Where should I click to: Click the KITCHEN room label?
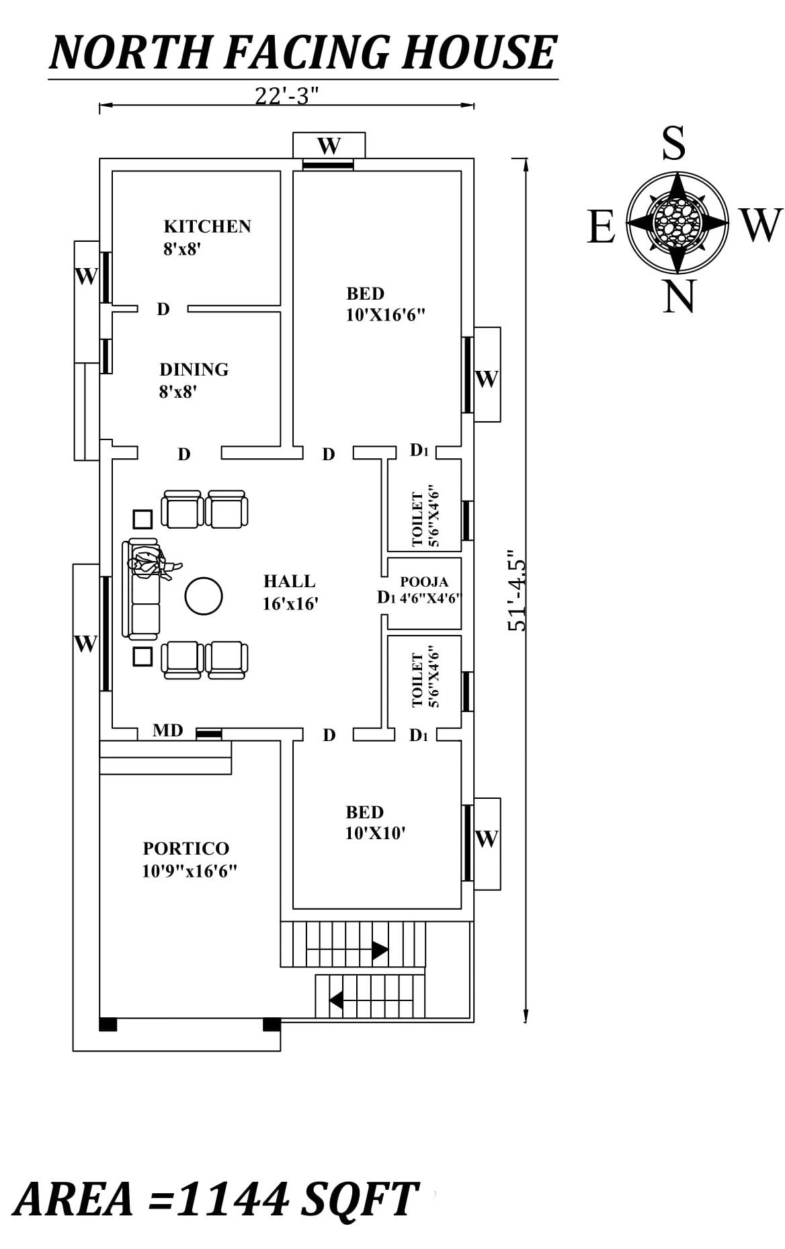[207, 226]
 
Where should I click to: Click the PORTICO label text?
[185, 849]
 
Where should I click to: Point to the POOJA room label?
[424, 583]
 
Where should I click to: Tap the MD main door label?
[167, 730]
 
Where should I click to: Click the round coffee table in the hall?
[203, 597]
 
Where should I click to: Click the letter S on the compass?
[673, 143]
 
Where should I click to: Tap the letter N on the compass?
[677, 296]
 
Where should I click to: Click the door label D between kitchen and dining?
[163, 309]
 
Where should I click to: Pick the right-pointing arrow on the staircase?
[379, 951]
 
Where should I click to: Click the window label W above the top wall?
[329, 145]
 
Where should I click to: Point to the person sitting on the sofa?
[151, 563]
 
